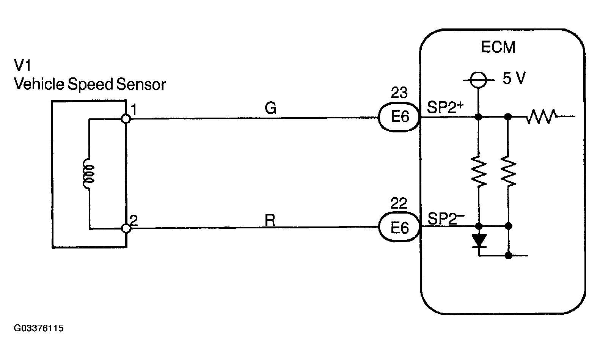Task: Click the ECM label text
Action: click(498, 47)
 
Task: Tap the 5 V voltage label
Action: click(514, 78)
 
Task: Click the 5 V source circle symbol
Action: click(478, 80)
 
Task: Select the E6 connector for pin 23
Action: click(399, 117)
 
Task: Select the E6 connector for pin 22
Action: click(399, 227)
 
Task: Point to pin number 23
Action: click(399, 93)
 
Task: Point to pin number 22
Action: click(399, 203)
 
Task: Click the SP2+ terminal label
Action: click(445, 107)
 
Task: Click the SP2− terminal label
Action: click(446, 218)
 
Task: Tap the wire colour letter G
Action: click(270, 108)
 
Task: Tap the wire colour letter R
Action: click(270, 220)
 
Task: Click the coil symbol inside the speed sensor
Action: click(89, 174)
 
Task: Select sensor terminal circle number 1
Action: click(126, 119)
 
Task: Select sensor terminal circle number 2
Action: click(126, 228)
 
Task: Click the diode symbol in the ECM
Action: click(479, 241)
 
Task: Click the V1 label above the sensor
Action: click(22, 65)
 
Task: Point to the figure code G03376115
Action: click(39, 328)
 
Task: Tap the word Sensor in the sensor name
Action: click(141, 84)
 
